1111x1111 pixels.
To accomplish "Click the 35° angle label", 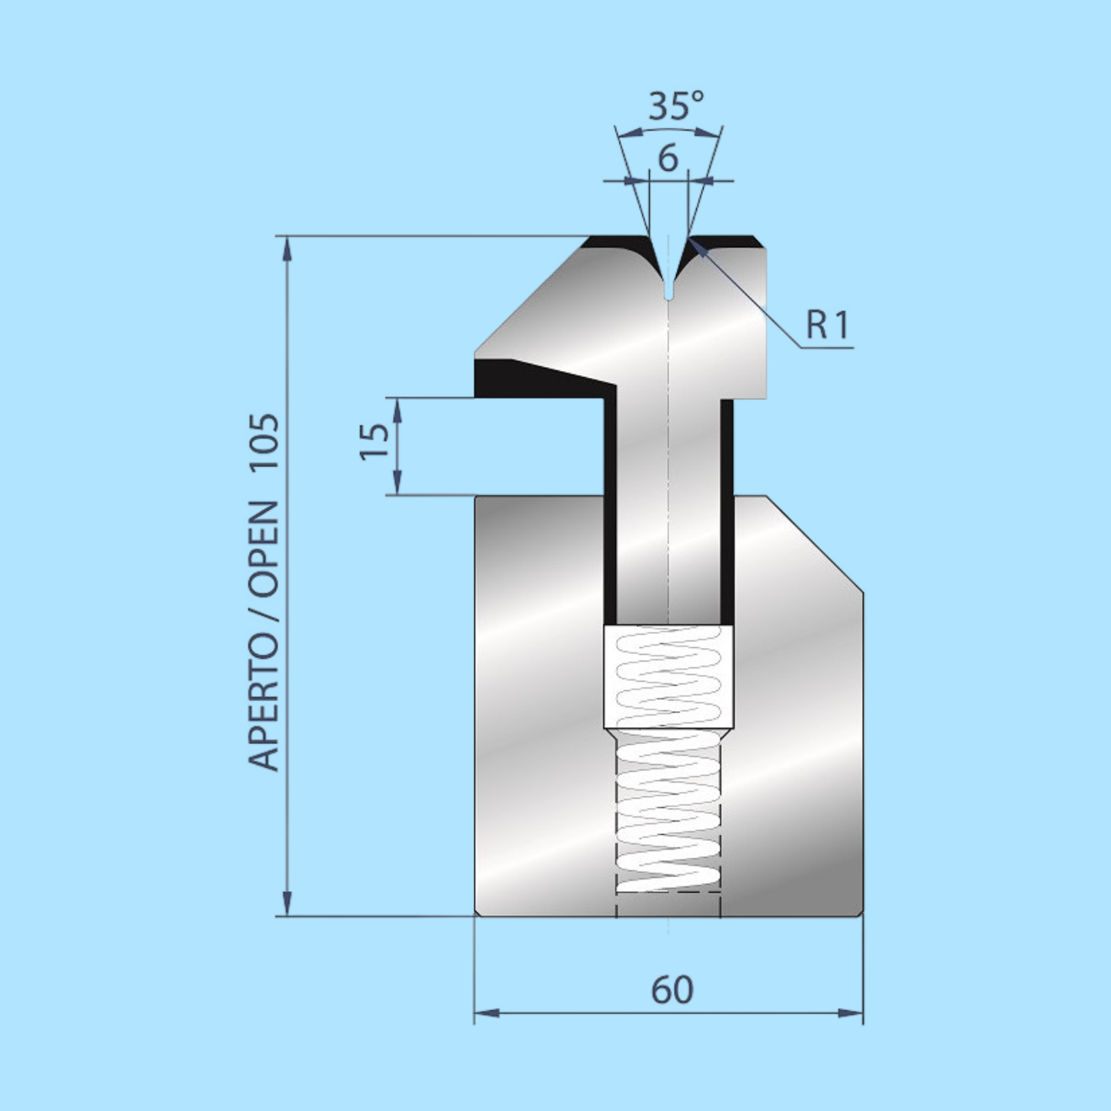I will pyautogui.click(x=675, y=106).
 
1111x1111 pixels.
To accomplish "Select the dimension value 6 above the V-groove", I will pyautogui.click(x=668, y=158).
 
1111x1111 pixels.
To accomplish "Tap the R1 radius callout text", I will pyautogui.click(x=827, y=325).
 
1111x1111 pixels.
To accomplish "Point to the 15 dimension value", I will pyautogui.click(x=375, y=441).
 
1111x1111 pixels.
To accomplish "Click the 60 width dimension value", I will pyautogui.click(x=672, y=990).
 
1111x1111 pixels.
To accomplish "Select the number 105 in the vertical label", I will pyautogui.click(x=264, y=445).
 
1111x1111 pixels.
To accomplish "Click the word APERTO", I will pyautogui.click(x=264, y=704).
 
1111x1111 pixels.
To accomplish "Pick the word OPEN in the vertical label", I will pyautogui.click(x=264, y=548).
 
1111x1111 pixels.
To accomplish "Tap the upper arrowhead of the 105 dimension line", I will pyautogui.click(x=288, y=246).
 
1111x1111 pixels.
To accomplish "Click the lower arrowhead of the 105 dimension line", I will pyautogui.click(x=288, y=906).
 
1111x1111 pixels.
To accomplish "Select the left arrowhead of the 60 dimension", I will pyautogui.click(x=483, y=1013).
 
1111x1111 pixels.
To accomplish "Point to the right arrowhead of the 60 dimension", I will pyautogui.click(x=854, y=1013).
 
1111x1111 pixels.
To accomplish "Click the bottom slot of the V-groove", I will pyautogui.click(x=668, y=290).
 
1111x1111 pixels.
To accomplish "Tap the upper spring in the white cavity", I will pyautogui.click(x=668, y=676).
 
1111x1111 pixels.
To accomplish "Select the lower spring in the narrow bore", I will pyautogui.click(x=668, y=812).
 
